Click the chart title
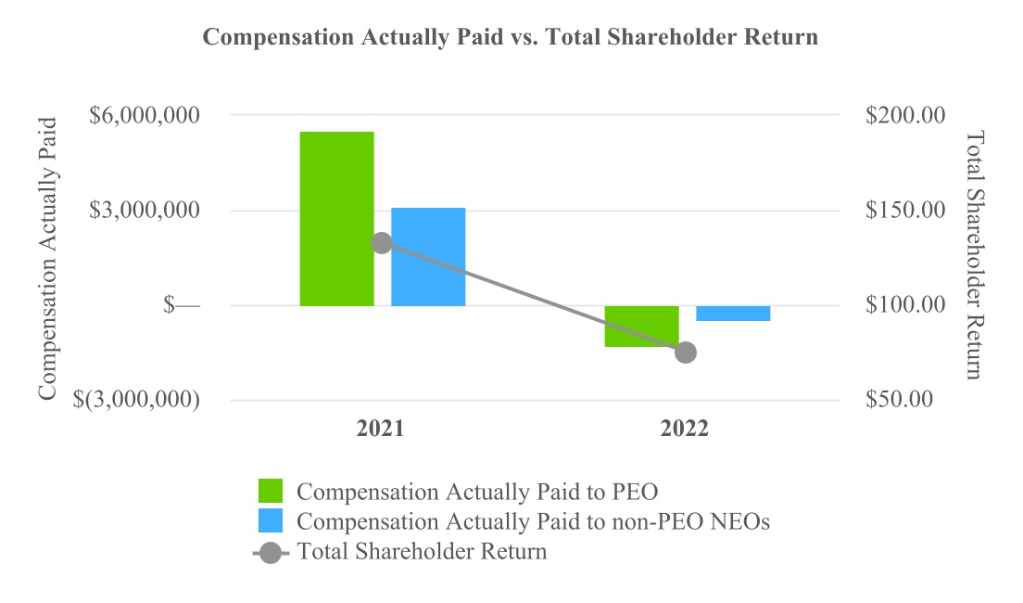point(511,38)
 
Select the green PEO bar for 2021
point(336,219)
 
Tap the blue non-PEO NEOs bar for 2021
point(428,257)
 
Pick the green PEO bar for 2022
point(641,326)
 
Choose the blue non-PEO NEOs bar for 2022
point(733,314)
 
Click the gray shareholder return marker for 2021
point(382,243)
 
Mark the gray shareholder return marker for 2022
point(686,353)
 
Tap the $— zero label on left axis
point(182,305)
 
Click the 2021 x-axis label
point(381,430)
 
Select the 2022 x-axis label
point(685,430)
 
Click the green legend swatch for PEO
point(271,491)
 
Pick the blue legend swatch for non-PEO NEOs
point(271,521)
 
